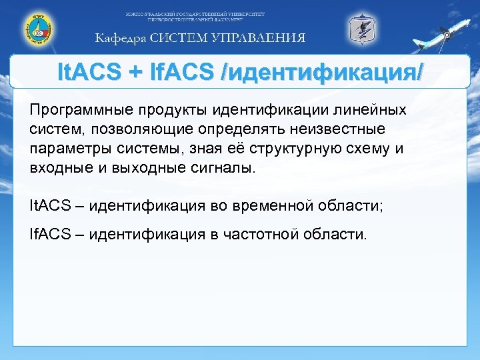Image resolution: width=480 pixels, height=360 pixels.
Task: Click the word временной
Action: click(275, 205)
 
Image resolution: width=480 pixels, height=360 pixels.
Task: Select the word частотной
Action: click(260, 234)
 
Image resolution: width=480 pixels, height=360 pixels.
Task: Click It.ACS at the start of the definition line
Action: click(49, 205)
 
